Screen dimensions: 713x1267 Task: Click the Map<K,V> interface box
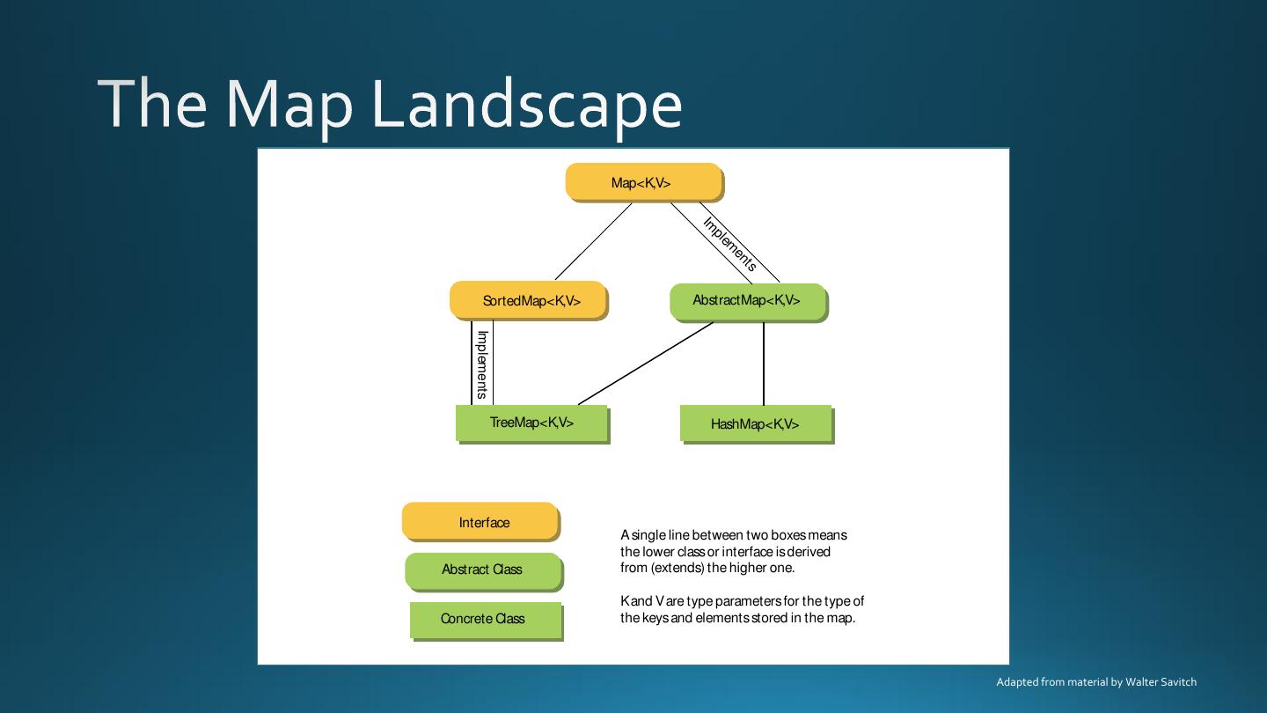(x=643, y=182)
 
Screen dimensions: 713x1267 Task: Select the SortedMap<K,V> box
(x=528, y=300)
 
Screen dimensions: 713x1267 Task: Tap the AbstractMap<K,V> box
(x=748, y=301)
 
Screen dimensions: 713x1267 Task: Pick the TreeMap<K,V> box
(x=531, y=423)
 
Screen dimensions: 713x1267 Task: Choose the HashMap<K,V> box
(x=755, y=423)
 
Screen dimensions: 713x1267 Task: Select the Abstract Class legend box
(x=482, y=570)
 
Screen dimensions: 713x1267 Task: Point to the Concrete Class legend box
(x=485, y=619)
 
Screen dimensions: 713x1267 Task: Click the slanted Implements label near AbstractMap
(x=730, y=244)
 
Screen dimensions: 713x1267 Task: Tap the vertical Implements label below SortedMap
(x=482, y=364)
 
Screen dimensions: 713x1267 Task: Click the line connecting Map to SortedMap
(x=593, y=241)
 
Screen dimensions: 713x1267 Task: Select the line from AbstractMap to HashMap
(x=763, y=363)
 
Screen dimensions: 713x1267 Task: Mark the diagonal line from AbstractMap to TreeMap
(x=646, y=363)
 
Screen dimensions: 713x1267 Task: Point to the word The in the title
(x=153, y=103)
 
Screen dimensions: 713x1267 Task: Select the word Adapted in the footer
(x=1016, y=682)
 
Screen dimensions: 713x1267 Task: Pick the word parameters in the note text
(x=748, y=601)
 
